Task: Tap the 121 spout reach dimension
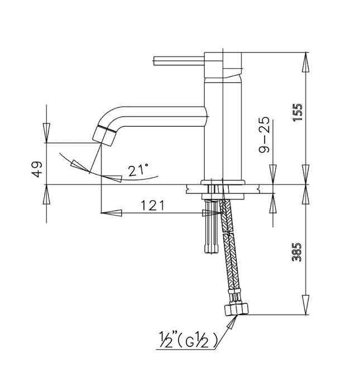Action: (152, 205)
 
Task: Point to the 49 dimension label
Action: (37, 169)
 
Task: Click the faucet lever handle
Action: (179, 60)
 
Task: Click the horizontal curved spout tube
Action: (162, 114)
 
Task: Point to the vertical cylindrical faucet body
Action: (215, 128)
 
